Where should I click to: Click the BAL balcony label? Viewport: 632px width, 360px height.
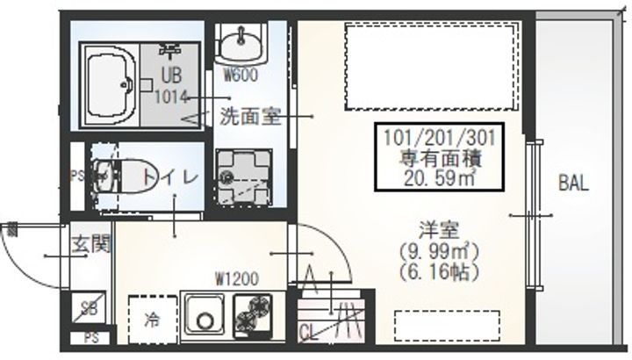[x=572, y=184]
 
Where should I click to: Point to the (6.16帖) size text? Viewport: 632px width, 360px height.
[x=437, y=271]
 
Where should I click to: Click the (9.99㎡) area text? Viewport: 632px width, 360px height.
[x=437, y=253]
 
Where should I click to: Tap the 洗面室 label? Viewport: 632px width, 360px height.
[x=250, y=116]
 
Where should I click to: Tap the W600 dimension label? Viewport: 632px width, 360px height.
[x=240, y=75]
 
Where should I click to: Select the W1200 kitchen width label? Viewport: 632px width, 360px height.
[x=236, y=280]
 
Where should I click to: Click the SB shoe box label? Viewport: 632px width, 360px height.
[x=89, y=309]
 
